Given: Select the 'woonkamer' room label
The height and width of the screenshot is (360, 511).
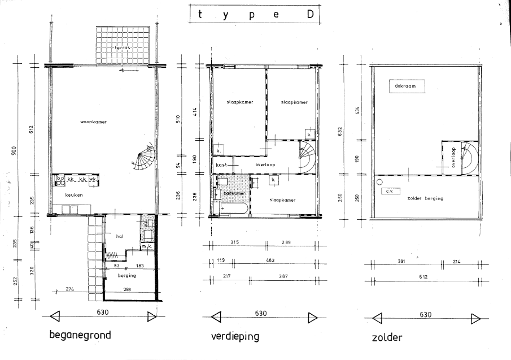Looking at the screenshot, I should tap(94, 122).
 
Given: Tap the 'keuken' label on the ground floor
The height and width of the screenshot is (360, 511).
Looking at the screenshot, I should tap(74, 195).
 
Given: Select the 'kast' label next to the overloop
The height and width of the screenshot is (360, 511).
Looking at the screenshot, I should tap(222, 164).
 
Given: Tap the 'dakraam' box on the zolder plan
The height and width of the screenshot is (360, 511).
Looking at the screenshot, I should tap(405, 86).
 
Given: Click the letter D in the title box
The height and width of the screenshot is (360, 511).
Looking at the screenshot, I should tap(311, 15).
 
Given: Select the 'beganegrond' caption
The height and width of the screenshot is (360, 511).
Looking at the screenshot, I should tap(79, 335).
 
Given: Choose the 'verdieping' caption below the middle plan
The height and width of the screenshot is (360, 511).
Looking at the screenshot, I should tap(235, 337).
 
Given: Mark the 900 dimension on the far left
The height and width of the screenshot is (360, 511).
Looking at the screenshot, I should tap(15, 150).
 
